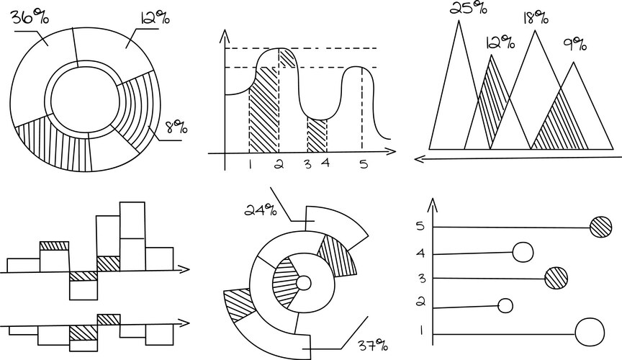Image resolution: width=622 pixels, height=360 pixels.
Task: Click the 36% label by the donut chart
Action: click(30, 17)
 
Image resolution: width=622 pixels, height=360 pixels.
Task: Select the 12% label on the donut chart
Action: click(154, 18)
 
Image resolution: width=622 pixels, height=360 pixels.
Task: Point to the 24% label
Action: click(261, 210)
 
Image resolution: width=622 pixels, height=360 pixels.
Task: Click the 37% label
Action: click(372, 346)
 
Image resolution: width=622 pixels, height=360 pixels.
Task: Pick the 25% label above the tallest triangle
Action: click(468, 7)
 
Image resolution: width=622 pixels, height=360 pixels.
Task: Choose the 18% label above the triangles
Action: click(536, 17)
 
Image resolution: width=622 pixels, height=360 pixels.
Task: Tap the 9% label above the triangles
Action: click(574, 44)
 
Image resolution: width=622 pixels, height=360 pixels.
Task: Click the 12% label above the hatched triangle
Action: click(500, 42)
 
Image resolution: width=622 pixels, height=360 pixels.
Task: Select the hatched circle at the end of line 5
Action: click(600, 227)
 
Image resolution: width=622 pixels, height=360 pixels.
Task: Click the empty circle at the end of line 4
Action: click(523, 253)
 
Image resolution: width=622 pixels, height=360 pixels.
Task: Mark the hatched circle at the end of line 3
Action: click(556, 278)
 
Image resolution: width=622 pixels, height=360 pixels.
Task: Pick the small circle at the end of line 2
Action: click(505, 306)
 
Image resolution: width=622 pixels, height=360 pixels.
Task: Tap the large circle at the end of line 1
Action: click(590, 332)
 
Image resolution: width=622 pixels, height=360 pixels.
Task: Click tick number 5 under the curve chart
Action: click(364, 164)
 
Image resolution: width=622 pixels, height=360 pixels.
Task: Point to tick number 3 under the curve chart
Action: click(308, 164)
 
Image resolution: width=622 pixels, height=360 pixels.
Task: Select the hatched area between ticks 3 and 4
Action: click(317, 136)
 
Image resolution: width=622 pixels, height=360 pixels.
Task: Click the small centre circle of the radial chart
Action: click(304, 284)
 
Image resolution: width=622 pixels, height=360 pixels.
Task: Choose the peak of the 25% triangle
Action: click(459, 20)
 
